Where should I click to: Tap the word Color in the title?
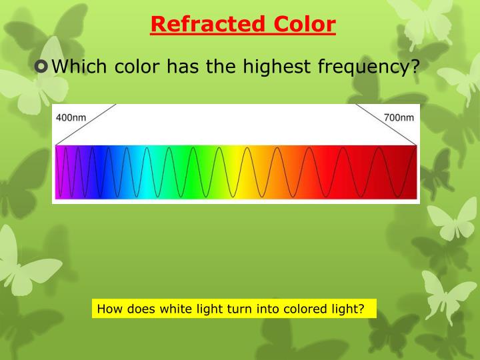coord(301,25)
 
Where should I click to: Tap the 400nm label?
coord(71,117)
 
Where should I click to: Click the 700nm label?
coord(399,117)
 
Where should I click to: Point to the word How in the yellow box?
coord(107,309)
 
